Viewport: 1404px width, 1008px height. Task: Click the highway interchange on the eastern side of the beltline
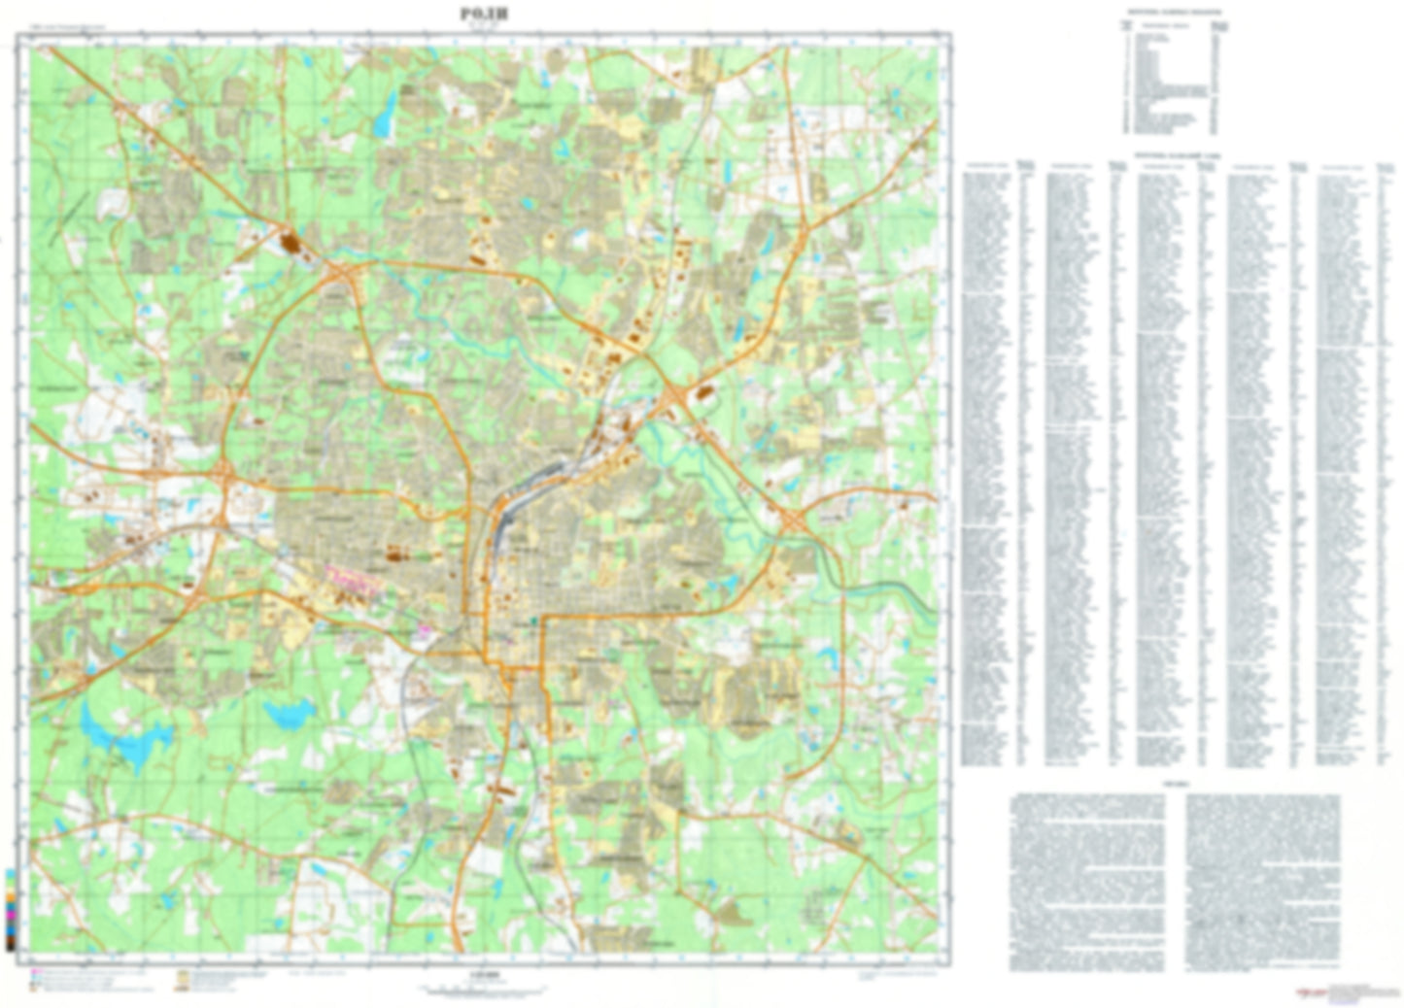point(796,521)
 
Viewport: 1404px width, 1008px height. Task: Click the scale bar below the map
point(479,987)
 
